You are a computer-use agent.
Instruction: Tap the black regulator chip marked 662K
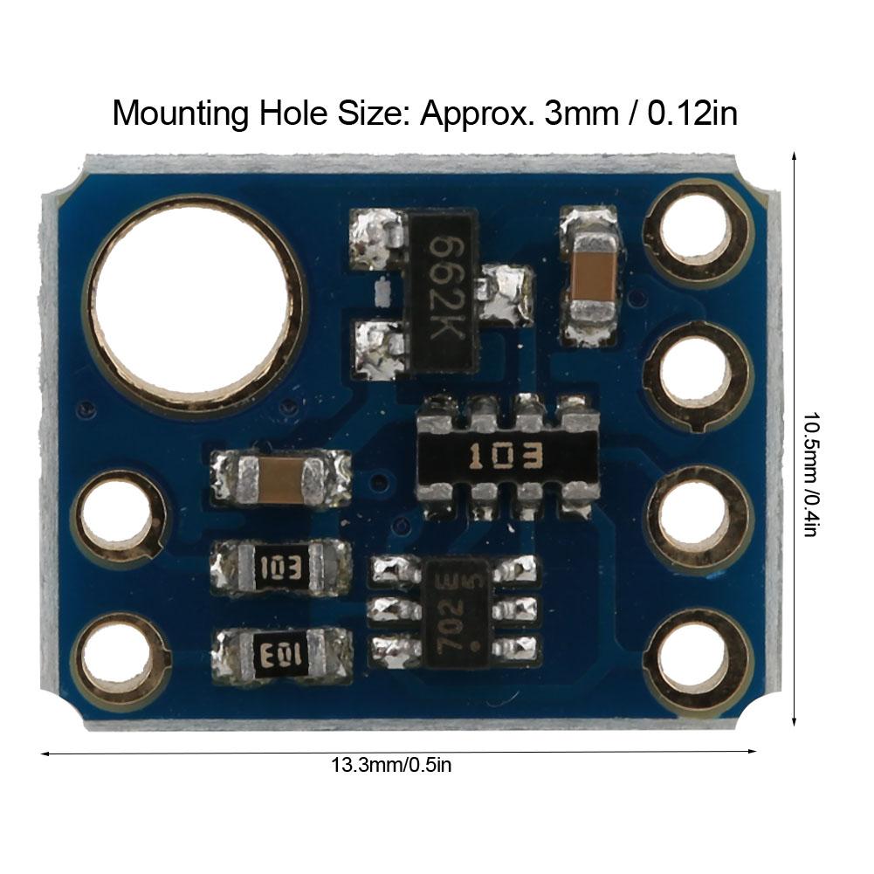pos(444,292)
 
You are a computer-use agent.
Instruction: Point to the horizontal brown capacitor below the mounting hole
pos(281,478)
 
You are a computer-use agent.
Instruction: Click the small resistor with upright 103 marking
pos(281,568)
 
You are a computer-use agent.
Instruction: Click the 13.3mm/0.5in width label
pos(390,766)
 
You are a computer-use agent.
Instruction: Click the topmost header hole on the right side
pos(696,232)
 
